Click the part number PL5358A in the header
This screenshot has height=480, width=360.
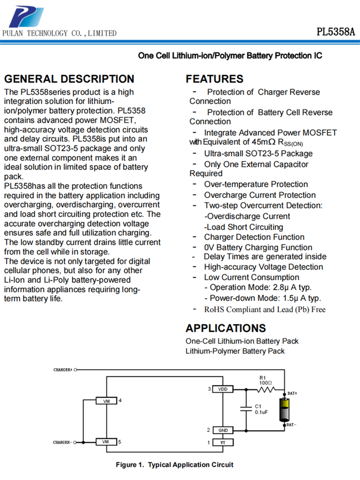(x=336, y=32)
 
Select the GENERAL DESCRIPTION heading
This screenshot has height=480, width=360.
(x=69, y=79)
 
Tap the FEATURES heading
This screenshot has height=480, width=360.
(x=215, y=79)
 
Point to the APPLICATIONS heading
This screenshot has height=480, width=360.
(x=226, y=328)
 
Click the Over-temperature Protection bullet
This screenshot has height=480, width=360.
(x=256, y=184)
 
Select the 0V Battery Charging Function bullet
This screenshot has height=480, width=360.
(x=258, y=247)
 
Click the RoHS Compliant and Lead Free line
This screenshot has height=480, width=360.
(x=264, y=309)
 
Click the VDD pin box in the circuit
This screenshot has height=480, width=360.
(x=222, y=389)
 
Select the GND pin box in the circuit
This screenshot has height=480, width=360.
(x=222, y=430)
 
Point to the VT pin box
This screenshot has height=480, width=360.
(x=222, y=442)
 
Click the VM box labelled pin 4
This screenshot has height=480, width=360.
(x=106, y=401)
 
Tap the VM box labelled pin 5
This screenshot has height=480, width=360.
(x=106, y=442)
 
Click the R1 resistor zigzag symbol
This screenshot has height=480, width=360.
(x=266, y=389)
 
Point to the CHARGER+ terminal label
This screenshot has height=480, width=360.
(x=62, y=370)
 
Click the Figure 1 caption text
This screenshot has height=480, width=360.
(x=174, y=465)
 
